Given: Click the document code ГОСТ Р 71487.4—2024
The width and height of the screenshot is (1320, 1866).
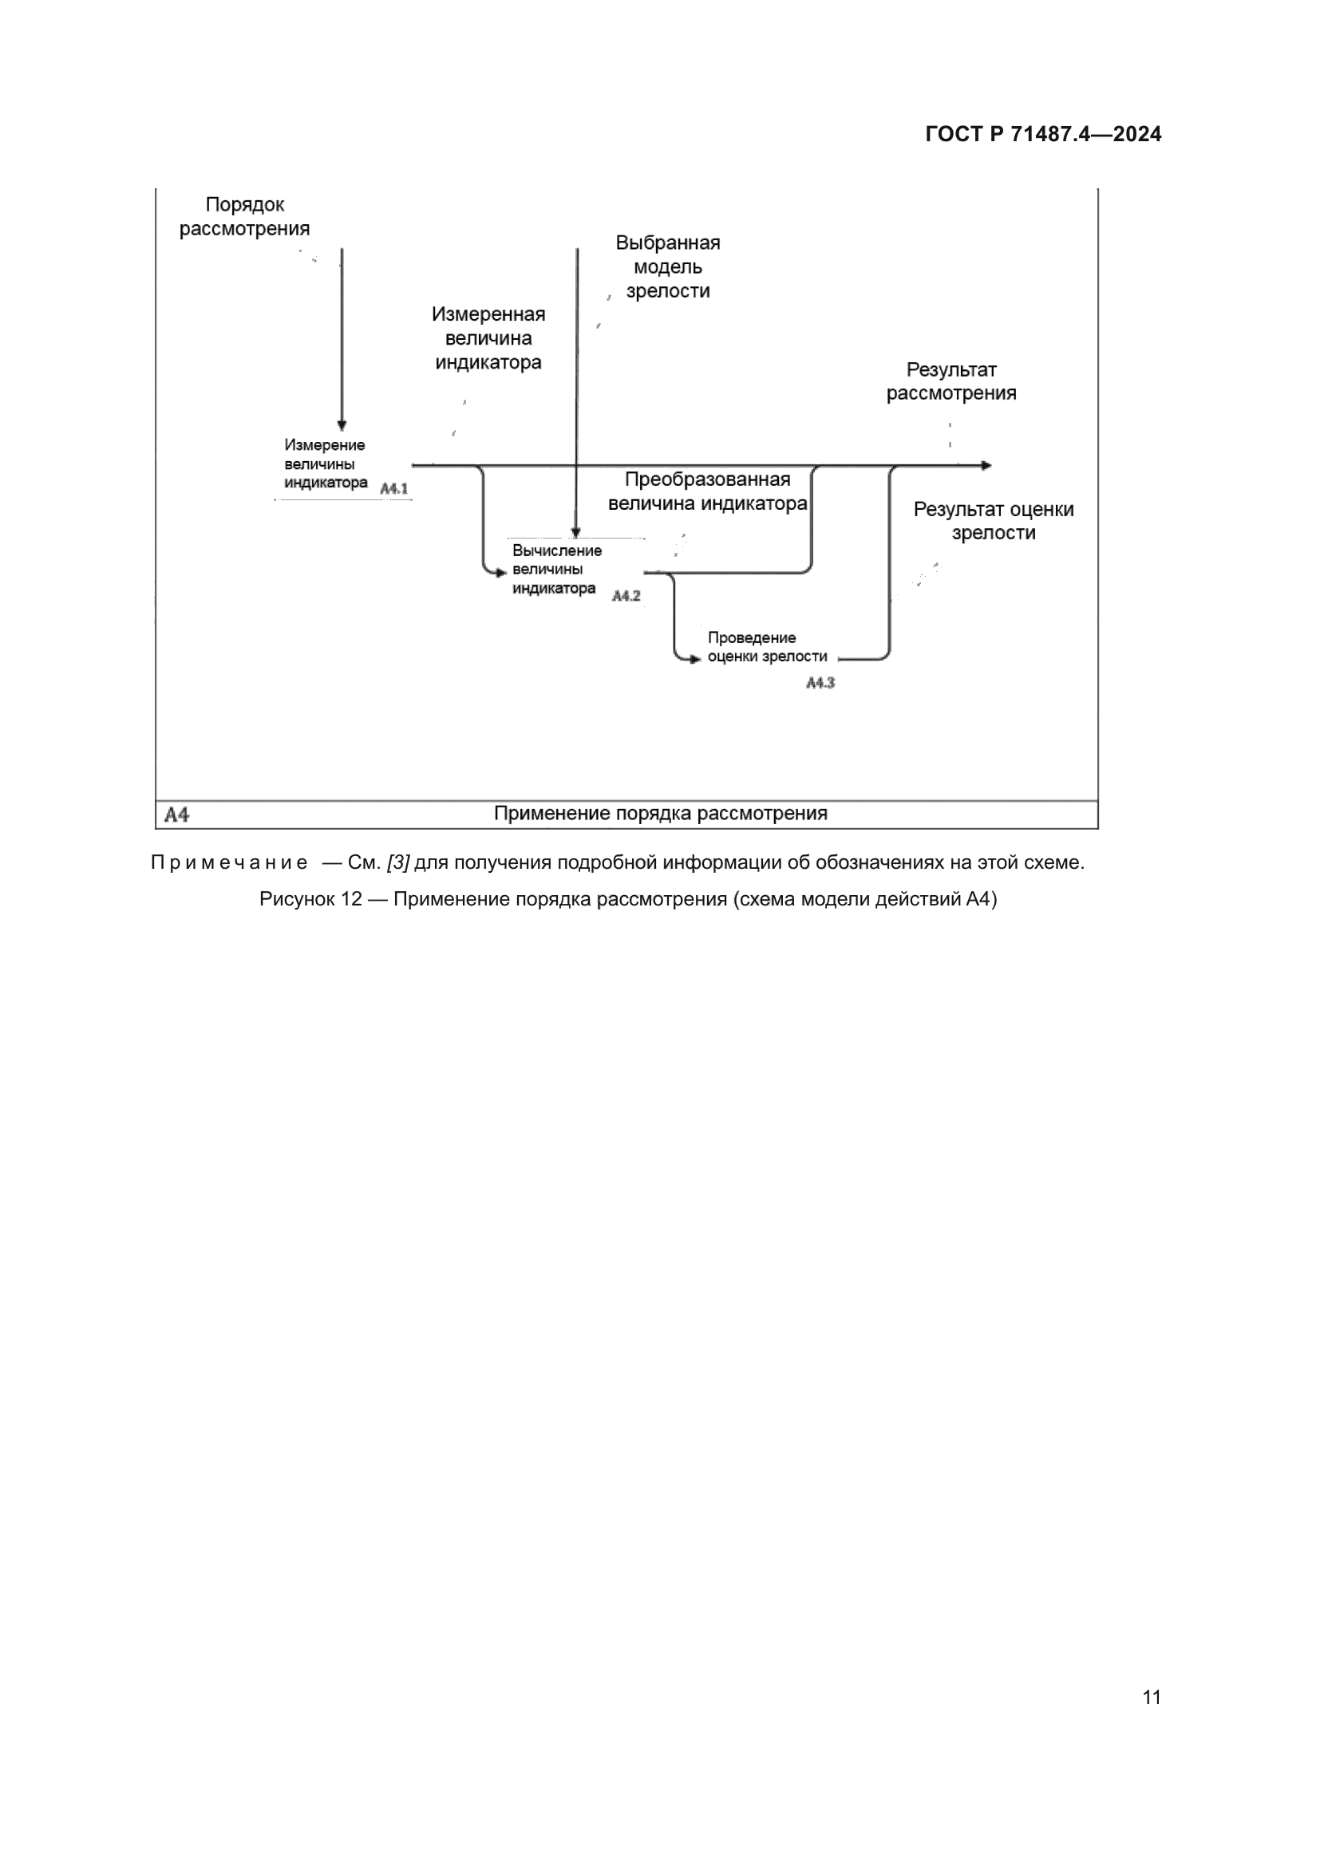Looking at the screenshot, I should (x=1043, y=134).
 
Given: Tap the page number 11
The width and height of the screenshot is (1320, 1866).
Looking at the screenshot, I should (x=1151, y=1697).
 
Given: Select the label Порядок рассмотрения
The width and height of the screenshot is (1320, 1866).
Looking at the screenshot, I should (x=244, y=217).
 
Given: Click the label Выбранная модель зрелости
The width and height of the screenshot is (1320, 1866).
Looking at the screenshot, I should (x=667, y=266).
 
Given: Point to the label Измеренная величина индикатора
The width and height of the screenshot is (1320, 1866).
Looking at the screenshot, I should (x=488, y=338).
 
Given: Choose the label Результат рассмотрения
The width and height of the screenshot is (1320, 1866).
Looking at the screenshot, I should (x=950, y=381).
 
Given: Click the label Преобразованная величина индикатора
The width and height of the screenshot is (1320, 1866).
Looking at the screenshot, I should (x=707, y=491).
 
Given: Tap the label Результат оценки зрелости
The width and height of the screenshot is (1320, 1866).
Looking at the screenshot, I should (x=994, y=521).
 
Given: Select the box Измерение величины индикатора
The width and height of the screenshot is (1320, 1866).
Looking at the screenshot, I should (x=325, y=464).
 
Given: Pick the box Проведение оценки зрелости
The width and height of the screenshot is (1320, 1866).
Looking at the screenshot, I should (x=766, y=647).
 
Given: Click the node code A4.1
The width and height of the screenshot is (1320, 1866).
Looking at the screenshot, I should (x=394, y=489).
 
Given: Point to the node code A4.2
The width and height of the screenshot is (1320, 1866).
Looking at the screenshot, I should (x=626, y=596).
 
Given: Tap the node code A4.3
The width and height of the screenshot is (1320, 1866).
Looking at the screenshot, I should (x=820, y=683).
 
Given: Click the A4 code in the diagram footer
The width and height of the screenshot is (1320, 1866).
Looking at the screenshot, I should (x=176, y=815).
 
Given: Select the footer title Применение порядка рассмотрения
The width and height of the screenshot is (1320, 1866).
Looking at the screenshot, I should (x=660, y=814).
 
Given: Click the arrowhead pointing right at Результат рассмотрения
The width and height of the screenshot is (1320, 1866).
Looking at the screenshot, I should (x=986, y=466).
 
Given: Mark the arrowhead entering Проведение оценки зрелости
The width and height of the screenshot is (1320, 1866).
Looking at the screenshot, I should (x=695, y=658).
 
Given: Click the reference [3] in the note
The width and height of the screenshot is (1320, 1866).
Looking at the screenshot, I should (x=397, y=862).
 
